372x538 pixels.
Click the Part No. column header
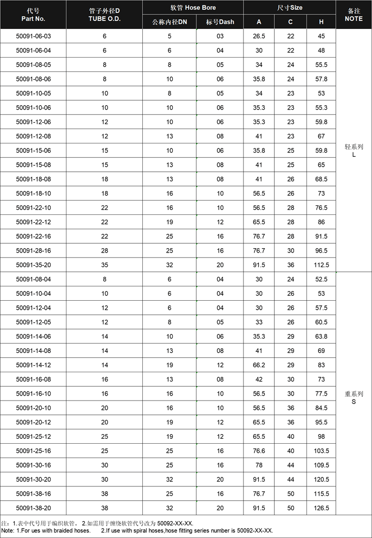pyautogui.click(x=33, y=14)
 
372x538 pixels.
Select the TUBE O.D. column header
pyautogui.click(x=104, y=14)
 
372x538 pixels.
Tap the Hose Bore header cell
pyautogui.click(x=193, y=7)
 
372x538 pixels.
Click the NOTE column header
pyautogui.click(x=354, y=14)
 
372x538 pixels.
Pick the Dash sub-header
pyautogui.click(x=220, y=22)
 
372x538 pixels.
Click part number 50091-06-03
pyautogui.click(x=33, y=36)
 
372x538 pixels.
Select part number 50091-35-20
pyautogui.click(x=33, y=265)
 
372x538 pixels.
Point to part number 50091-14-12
pyautogui.click(x=33, y=365)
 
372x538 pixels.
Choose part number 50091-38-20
pyautogui.click(x=33, y=508)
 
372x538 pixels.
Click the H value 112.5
pyautogui.click(x=321, y=265)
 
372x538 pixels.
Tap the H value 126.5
pyautogui.click(x=321, y=508)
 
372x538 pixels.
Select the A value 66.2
pyautogui.click(x=259, y=365)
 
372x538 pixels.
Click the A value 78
pyautogui.click(x=259, y=465)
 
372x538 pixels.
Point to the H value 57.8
pyautogui.click(x=321, y=79)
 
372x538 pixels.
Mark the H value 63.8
pyautogui.click(x=321, y=336)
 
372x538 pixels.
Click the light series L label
pyautogui.click(x=354, y=150)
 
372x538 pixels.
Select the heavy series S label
pyautogui.click(x=354, y=398)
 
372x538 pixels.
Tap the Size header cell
pyautogui.click(x=290, y=7)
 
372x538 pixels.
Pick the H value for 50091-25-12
pyautogui.click(x=321, y=437)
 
